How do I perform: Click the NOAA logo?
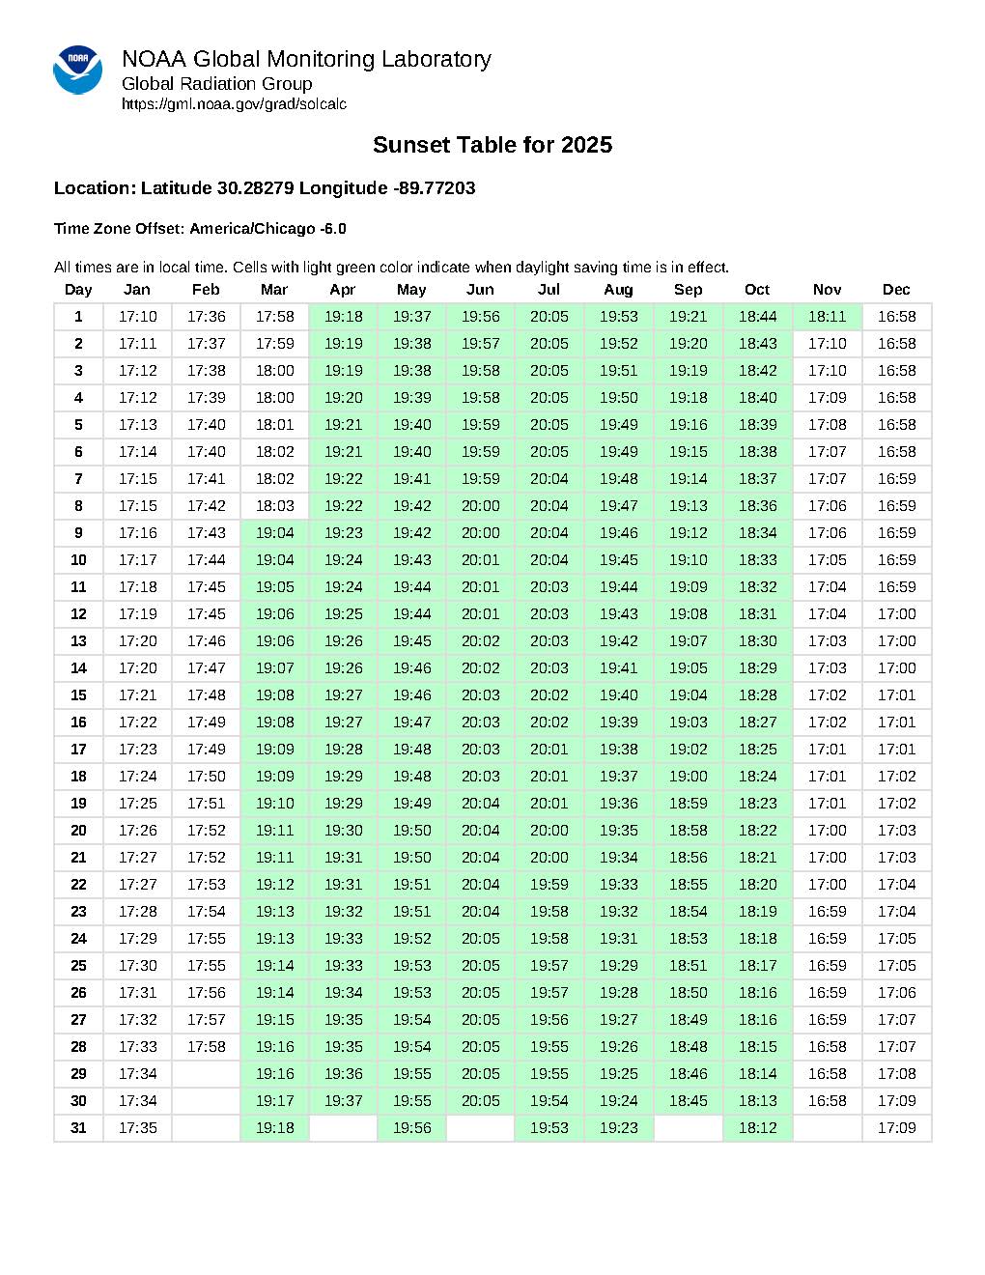click(77, 70)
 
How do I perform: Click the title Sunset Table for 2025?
click(492, 145)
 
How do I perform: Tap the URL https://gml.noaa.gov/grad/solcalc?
click(234, 104)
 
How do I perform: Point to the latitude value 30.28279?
click(256, 188)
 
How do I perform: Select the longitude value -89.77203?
click(435, 188)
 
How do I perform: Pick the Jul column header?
click(549, 290)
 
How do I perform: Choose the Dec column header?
click(896, 290)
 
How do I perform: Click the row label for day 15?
click(78, 695)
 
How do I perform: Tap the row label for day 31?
click(78, 1128)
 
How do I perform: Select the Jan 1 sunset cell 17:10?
click(137, 317)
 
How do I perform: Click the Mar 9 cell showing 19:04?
click(274, 533)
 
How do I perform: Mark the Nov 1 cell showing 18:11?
click(827, 317)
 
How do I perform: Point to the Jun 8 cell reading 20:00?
click(480, 506)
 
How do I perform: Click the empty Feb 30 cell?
click(206, 1101)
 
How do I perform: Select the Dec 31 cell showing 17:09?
click(896, 1128)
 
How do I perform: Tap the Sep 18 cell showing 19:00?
click(688, 777)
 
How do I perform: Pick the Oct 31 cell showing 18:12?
click(757, 1128)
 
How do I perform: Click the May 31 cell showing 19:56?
click(411, 1128)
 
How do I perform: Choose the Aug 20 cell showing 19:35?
click(618, 831)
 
